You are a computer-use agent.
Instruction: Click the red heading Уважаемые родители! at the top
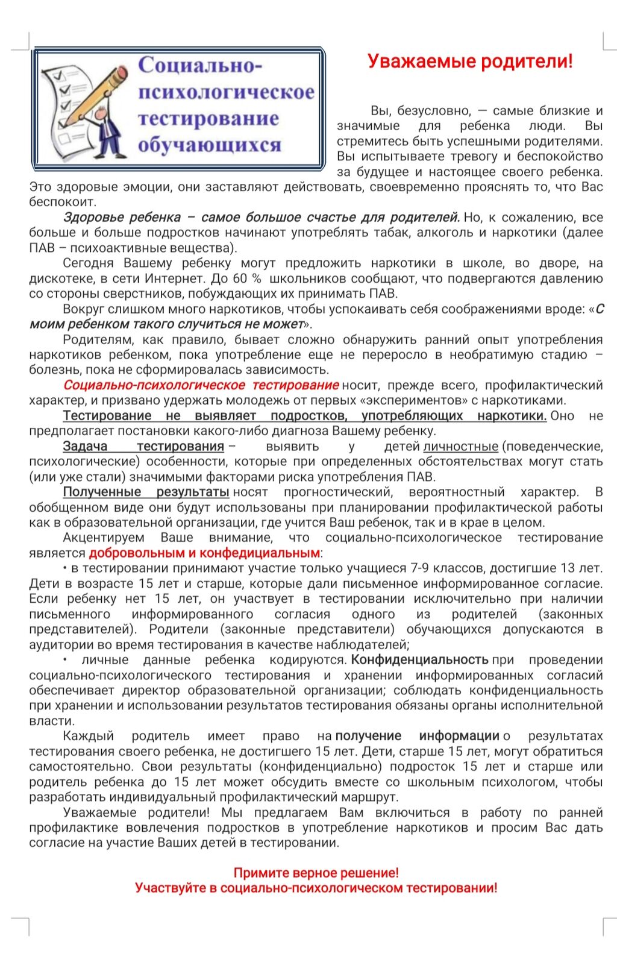(x=470, y=61)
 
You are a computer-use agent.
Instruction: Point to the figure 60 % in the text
(x=247, y=278)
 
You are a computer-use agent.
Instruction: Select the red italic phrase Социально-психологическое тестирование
(x=201, y=385)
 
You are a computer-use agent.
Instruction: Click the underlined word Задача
(x=85, y=447)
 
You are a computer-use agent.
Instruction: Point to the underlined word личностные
(x=461, y=447)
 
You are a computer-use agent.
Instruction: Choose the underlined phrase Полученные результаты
(x=146, y=492)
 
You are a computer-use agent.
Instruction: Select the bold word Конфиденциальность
(x=419, y=660)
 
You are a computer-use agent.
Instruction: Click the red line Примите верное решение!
(x=316, y=873)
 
